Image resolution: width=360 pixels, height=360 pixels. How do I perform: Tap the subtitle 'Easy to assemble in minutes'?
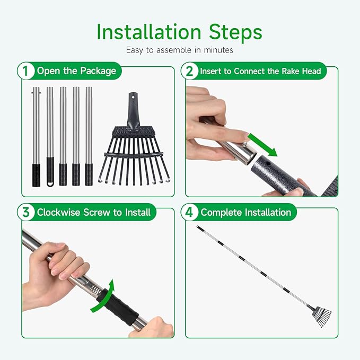[x=180, y=51]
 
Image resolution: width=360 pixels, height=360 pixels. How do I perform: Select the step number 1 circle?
[x=24, y=71]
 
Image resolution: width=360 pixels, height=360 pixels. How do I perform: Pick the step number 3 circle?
[x=24, y=213]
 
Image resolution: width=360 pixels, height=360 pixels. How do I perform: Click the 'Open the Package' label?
[x=76, y=71]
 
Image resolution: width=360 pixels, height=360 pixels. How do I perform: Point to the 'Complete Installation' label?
[x=246, y=213]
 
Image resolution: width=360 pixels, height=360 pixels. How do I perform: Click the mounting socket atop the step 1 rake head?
[x=134, y=106]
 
